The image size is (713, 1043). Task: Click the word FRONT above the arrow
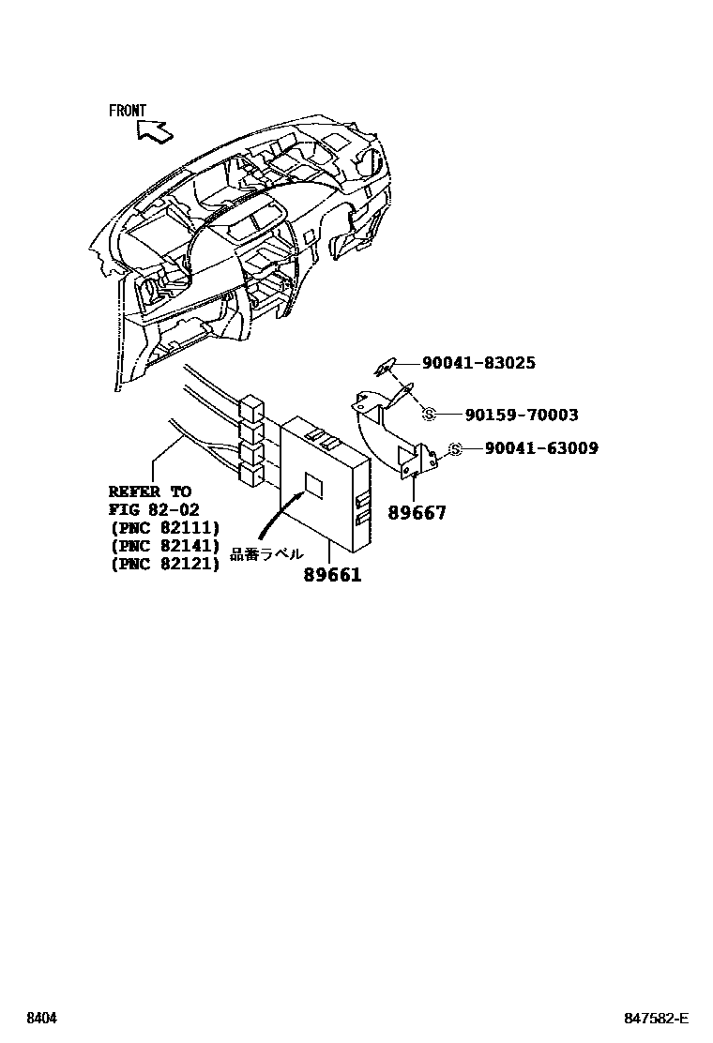pyautogui.click(x=127, y=111)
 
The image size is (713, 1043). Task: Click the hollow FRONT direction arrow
pyautogui.click(x=155, y=131)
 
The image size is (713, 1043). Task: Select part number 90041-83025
pyautogui.click(x=478, y=363)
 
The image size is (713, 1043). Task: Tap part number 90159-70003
pyautogui.click(x=522, y=415)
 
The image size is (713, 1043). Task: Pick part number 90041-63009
pyautogui.click(x=541, y=448)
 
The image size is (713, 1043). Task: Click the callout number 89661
pyautogui.click(x=332, y=575)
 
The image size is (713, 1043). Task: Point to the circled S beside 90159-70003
pyautogui.click(x=430, y=415)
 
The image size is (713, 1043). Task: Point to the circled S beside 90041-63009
pyautogui.click(x=455, y=449)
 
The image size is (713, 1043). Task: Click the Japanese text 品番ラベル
pyautogui.click(x=267, y=554)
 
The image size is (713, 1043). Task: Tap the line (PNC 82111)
pyautogui.click(x=164, y=527)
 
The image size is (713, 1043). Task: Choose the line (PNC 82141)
pyautogui.click(x=164, y=546)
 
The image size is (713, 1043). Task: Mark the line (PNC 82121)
pyautogui.click(x=164, y=564)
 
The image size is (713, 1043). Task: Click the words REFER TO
pyautogui.click(x=149, y=491)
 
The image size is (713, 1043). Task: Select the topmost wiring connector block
pyautogui.click(x=251, y=409)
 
